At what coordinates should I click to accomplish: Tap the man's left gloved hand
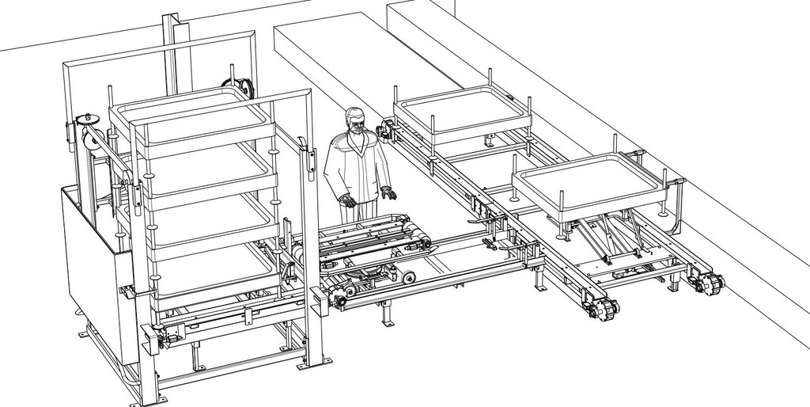(x=388, y=192)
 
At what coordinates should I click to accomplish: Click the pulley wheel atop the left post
(x=86, y=121)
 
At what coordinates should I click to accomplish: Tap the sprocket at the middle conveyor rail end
(x=603, y=308)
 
